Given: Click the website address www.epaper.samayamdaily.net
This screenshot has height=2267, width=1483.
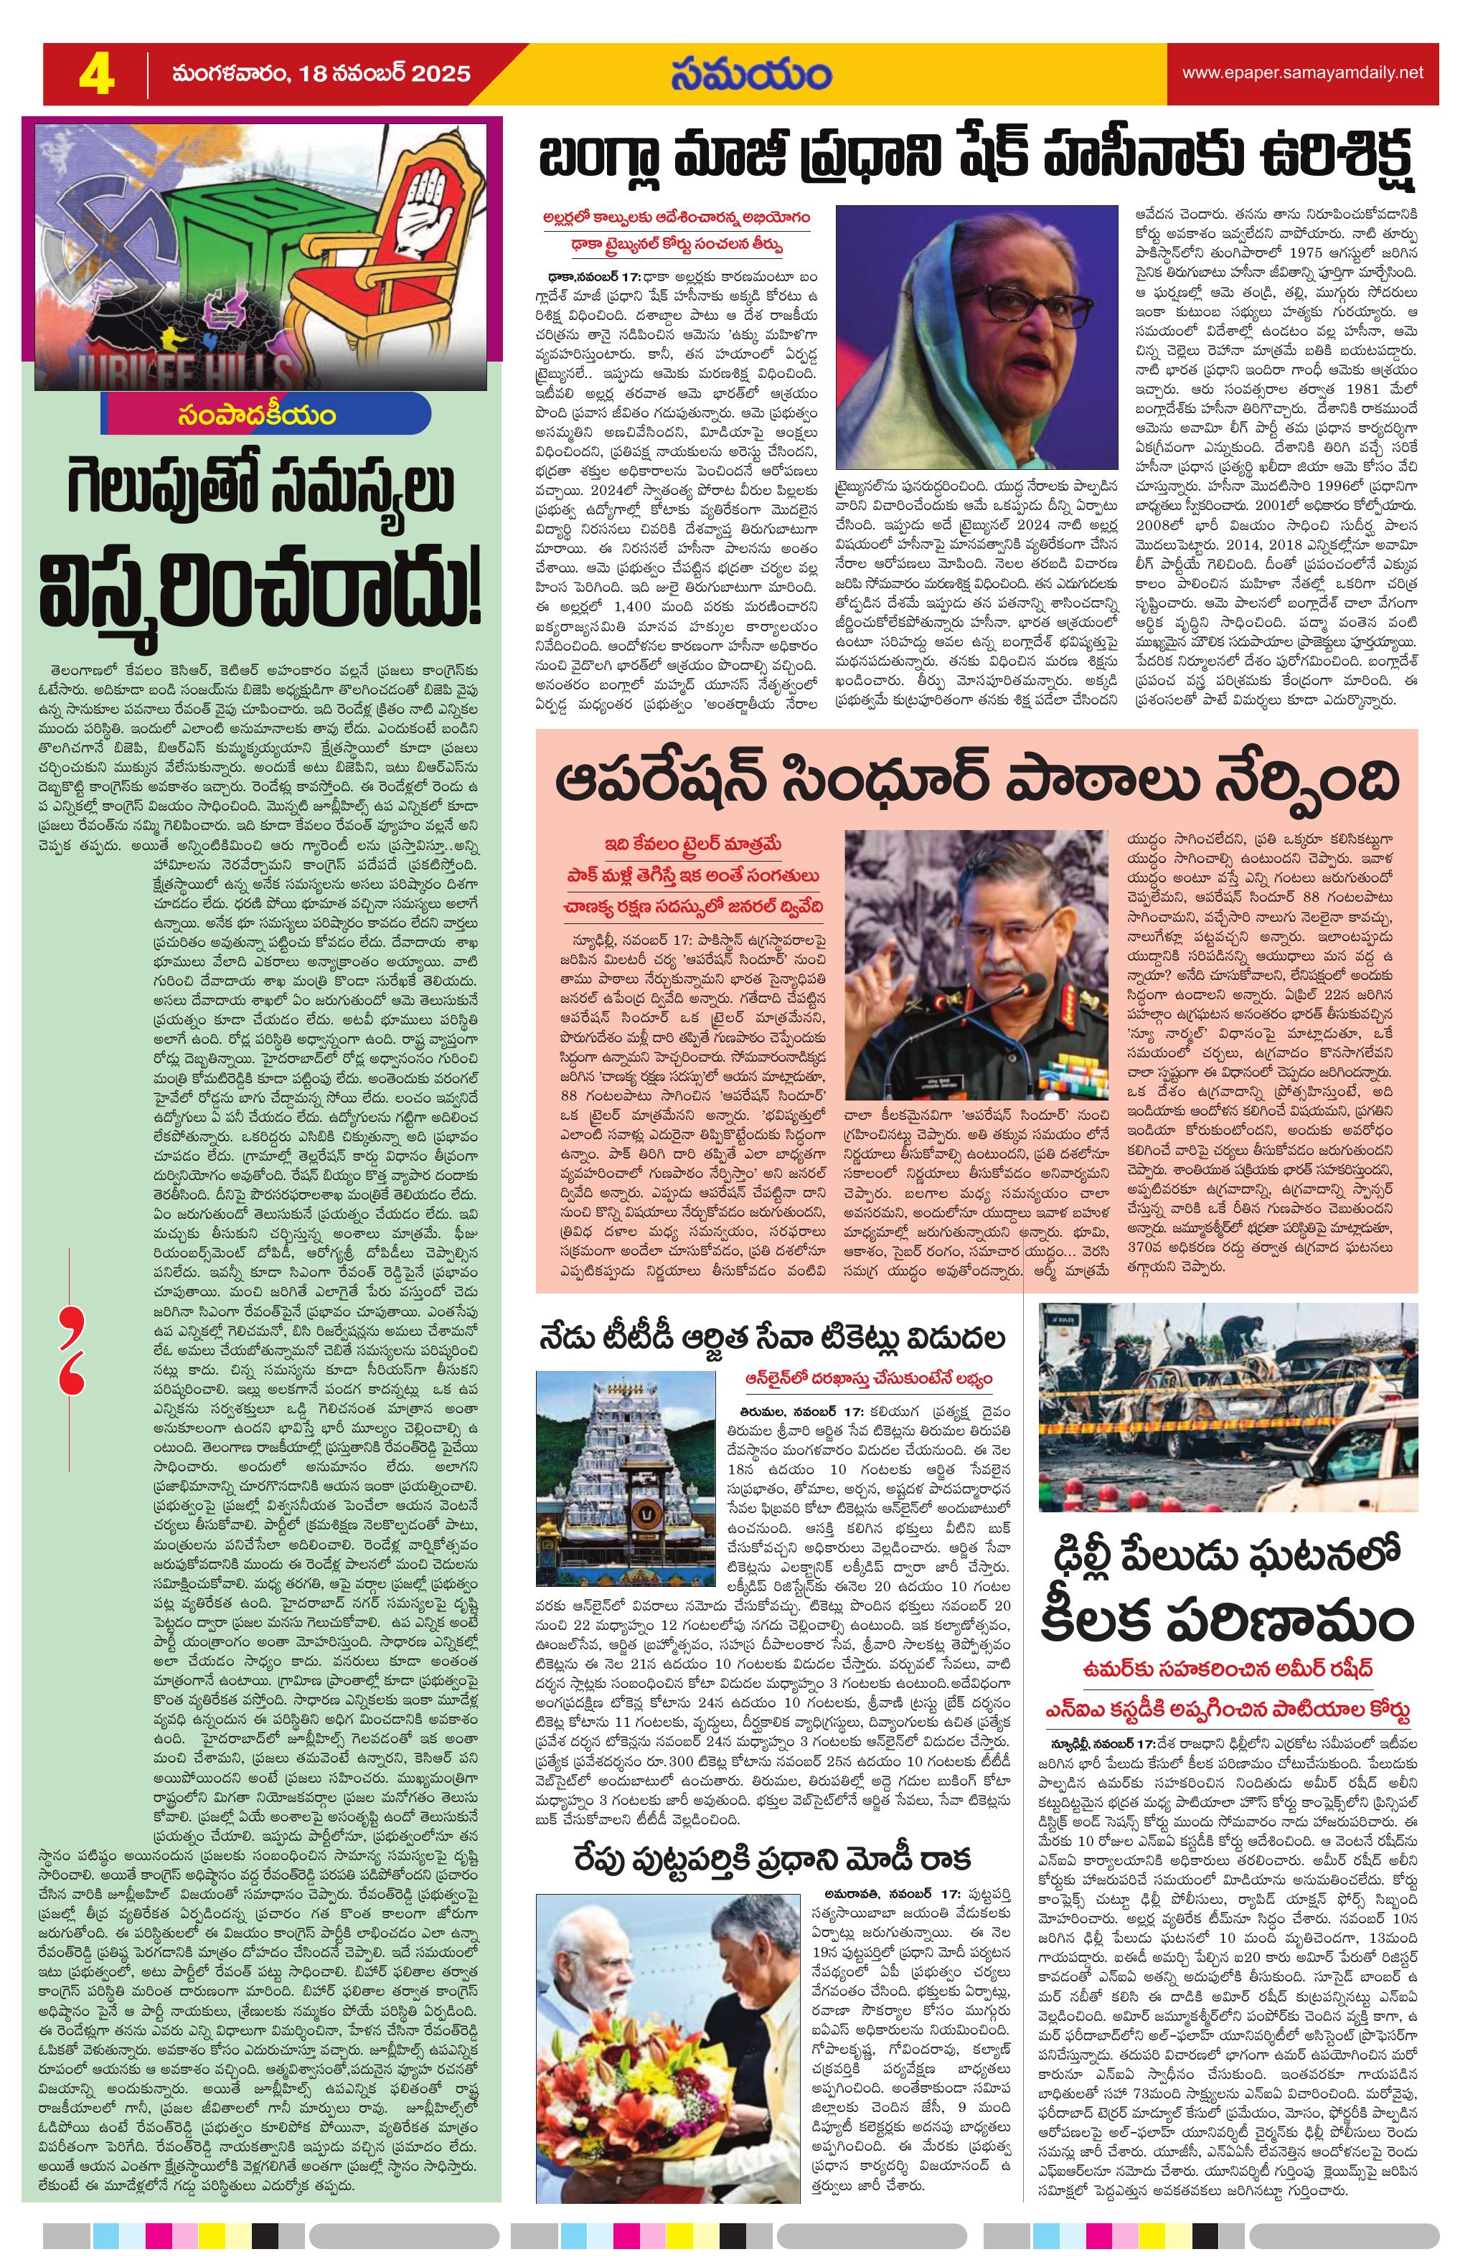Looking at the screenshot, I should pos(1302,73).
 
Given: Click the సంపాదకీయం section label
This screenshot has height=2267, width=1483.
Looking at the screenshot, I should pos(268,415).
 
